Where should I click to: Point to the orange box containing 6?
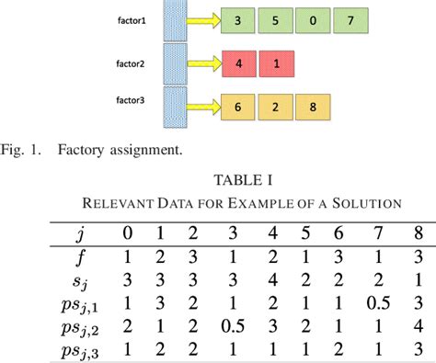[x=238, y=106]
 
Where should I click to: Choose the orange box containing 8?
[x=310, y=106]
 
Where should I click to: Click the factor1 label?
[x=131, y=17]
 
